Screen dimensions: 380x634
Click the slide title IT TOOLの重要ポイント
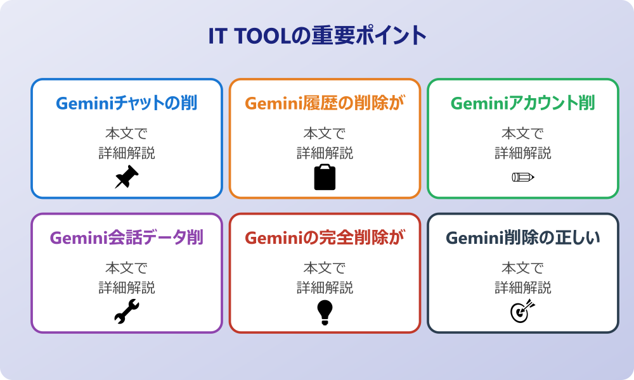pos(317,36)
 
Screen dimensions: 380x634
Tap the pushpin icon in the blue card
pos(127,177)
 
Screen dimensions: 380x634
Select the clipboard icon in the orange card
pos(325,177)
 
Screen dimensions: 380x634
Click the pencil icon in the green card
pos(522,177)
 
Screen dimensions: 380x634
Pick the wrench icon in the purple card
pos(127,312)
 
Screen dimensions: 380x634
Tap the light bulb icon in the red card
pos(325,312)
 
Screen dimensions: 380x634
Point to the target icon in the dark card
pos(522,312)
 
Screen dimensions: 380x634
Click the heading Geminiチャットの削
pos(127,103)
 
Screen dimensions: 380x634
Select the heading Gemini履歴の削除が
pos(325,103)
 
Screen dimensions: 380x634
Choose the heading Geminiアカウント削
pos(522,103)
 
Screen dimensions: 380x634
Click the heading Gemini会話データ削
pos(127,238)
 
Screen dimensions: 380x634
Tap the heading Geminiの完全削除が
pos(325,238)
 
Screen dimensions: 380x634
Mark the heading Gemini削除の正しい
pos(522,238)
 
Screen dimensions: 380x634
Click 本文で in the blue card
pos(127,134)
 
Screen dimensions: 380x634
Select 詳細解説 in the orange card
pos(325,153)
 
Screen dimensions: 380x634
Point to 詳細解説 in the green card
pos(522,153)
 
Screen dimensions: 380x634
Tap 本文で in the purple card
pos(127,269)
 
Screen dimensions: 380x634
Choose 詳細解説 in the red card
pos(325,288)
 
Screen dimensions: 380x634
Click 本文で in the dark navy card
pos(522,269)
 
